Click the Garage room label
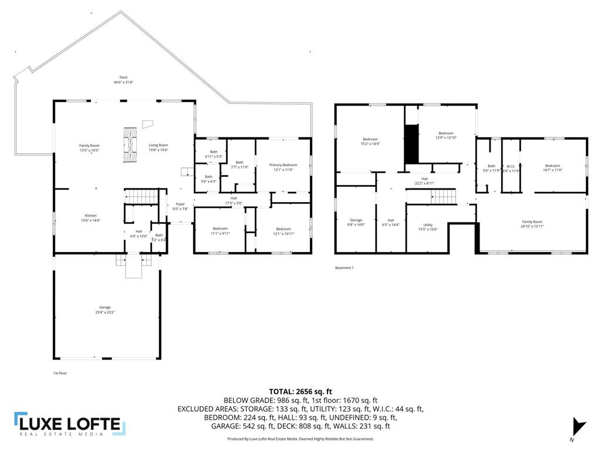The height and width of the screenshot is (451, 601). (x=105, y=309)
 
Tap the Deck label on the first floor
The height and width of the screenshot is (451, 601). (x=123, y=80)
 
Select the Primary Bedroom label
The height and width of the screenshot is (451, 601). (x=283, y=167)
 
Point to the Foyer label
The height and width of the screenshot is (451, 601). (x=180, y=206)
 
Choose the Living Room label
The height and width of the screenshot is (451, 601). (x=158, y=147)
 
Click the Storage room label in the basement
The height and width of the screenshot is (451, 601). (x=356, y=222)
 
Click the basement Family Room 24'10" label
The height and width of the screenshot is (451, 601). (x=532, y=224)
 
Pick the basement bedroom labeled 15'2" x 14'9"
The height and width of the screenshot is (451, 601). (x=370, y=141)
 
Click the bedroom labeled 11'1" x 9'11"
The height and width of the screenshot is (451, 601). (x=220, y=230)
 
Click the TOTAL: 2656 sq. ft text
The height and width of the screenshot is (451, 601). (x=300, y=391)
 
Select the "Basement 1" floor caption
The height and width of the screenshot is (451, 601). (x=345, y=268)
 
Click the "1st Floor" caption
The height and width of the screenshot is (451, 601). (x=60, y=372)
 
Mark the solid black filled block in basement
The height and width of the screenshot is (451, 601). (x=411, y=144)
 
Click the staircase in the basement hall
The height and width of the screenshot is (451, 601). (x=444, y=196)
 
